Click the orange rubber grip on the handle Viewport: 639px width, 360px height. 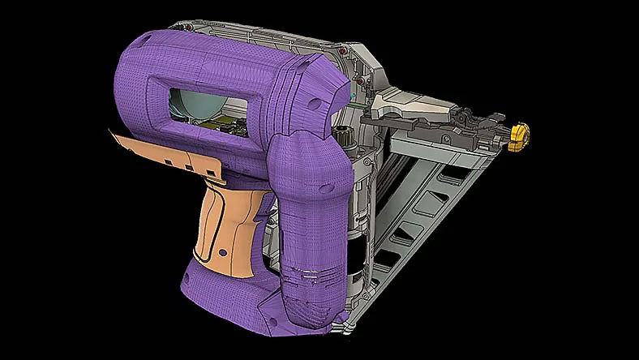(224, 223)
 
